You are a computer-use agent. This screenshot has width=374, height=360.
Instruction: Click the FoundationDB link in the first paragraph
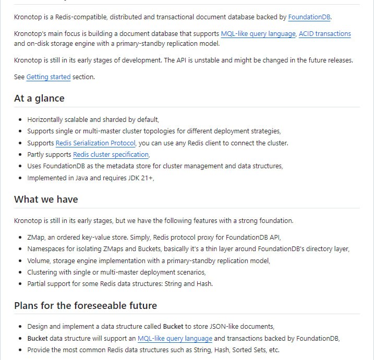pos(309,17)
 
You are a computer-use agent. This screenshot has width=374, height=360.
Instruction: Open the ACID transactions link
pos(324,34)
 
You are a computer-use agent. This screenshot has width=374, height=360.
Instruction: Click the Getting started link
pos(49,77)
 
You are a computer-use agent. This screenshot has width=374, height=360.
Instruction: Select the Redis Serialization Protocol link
pos(95,143)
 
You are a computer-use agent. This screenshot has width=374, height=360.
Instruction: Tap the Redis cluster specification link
pos(111,155)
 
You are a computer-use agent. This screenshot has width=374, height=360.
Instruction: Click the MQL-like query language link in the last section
pos(175,338)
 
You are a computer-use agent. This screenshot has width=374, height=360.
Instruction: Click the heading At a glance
pos(39,98)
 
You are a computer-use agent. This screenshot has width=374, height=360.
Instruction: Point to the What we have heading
pos(46,199)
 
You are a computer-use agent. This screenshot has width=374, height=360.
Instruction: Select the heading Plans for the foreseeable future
pos(86,305)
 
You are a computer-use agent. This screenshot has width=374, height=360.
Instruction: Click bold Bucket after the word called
pos(173,327)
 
